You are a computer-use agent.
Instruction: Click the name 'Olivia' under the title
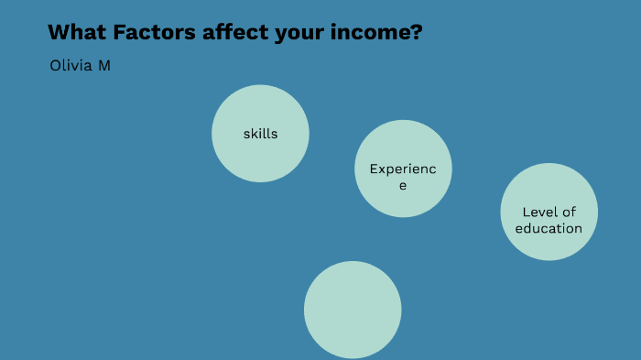(x=71, y=67)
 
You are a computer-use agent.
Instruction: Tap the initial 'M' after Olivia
(x=103, y=67)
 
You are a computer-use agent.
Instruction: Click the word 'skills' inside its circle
(x=260, y=134)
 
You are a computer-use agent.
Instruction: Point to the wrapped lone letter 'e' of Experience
(x=402, y=185)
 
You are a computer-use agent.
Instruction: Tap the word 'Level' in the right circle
(x=540, y=213)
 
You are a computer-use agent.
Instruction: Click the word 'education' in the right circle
(x=549, y=228)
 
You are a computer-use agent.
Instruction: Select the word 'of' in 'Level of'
(x=569, y=213)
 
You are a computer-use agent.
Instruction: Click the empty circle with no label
(x=353, y=310)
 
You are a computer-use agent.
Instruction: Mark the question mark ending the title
(x=417, y=33)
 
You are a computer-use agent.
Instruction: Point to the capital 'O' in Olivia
(x=55, y=67)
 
